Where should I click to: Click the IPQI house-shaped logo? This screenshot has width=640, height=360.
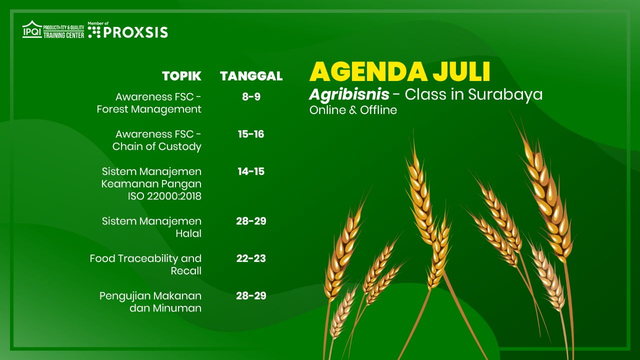point(32,29)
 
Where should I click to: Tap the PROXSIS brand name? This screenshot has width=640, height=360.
point(135,32)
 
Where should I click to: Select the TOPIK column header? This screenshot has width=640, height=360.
point(181,76)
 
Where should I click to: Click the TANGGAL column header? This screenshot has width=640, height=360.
point(251,76)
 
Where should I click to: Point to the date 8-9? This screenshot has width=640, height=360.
point(251,97)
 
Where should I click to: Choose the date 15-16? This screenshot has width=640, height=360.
point(251,134)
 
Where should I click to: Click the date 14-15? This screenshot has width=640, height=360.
point(251,171)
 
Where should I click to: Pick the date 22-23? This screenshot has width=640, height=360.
point(251,258)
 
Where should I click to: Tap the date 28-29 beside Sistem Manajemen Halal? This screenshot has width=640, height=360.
point(251,221)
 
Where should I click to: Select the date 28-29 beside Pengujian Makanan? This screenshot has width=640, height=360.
point(251,295)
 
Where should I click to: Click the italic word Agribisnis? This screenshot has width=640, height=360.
point(349,94)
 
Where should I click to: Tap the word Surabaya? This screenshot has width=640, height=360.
point(505,95)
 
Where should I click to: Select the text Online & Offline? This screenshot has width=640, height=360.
point(353,110)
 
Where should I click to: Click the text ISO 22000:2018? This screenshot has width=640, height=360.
point(164,196)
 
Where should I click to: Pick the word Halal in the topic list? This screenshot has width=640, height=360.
point(188,233)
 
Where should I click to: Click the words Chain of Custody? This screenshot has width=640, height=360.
point(157,146)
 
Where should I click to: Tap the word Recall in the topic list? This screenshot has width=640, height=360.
point(186,271)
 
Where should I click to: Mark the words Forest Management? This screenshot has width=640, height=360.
point(149,109)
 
